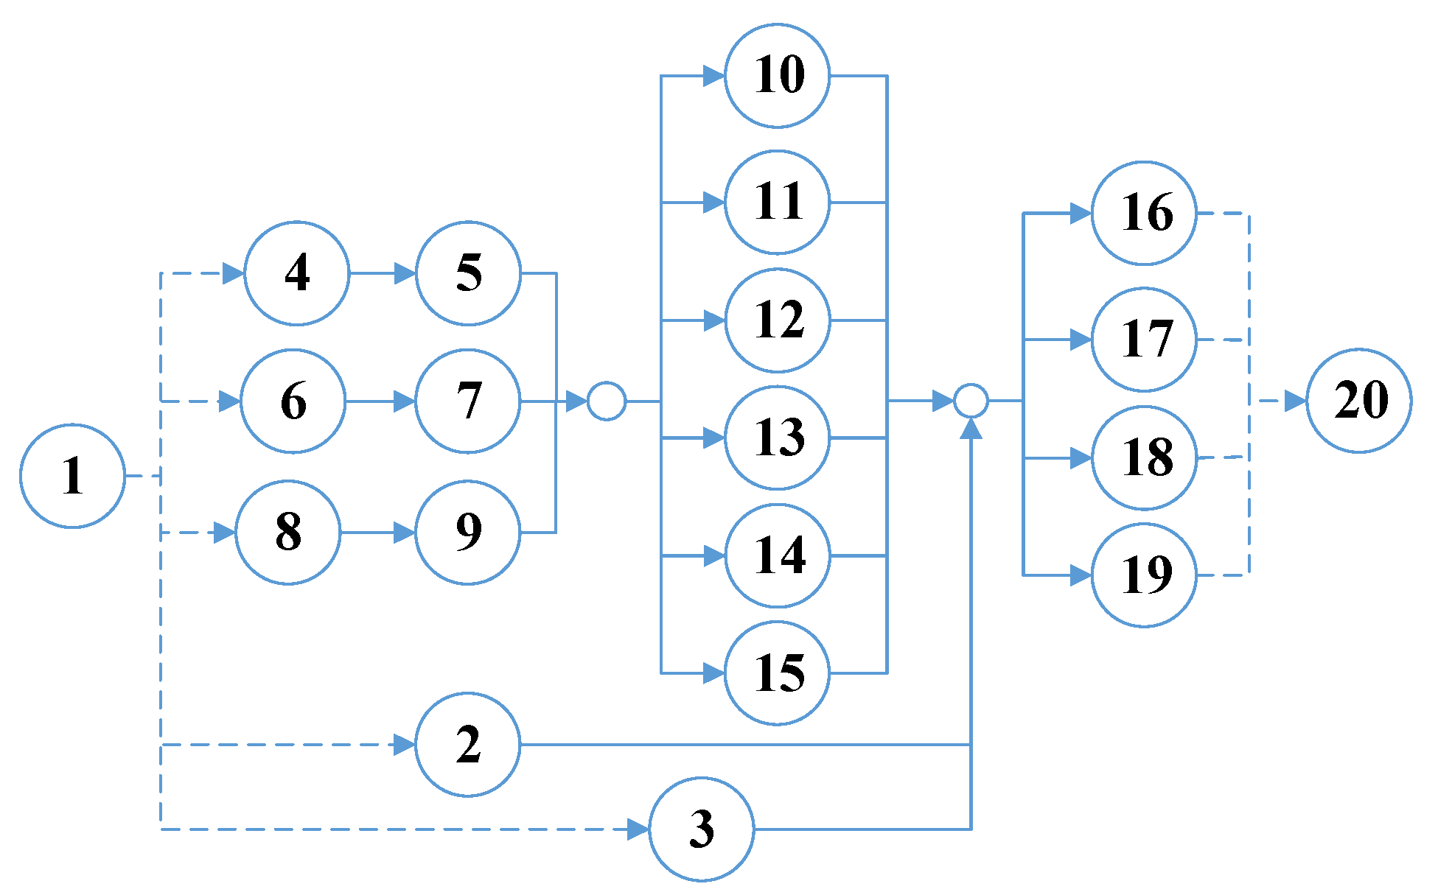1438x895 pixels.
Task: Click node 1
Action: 72,476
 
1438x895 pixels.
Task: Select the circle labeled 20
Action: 1358,401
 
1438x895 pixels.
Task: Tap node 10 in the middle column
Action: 777,76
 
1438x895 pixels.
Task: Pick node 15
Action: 777,673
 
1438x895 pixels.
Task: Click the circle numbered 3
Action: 701,829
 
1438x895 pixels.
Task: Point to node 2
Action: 467,745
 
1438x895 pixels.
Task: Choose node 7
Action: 467,401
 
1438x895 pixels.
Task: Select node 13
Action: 777,438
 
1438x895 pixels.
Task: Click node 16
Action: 1144,214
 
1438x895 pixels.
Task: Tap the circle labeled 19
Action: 1144,575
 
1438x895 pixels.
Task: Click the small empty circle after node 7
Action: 607,401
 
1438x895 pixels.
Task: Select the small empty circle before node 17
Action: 971,401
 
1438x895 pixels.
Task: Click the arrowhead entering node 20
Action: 1295,401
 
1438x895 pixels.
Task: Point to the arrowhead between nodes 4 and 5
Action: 405,273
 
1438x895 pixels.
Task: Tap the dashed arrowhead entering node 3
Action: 638,829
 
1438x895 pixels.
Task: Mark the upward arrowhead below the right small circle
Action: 971,429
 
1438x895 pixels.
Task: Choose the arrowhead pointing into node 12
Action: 713,320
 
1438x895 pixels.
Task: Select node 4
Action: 296,273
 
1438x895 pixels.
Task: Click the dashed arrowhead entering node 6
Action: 230,401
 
